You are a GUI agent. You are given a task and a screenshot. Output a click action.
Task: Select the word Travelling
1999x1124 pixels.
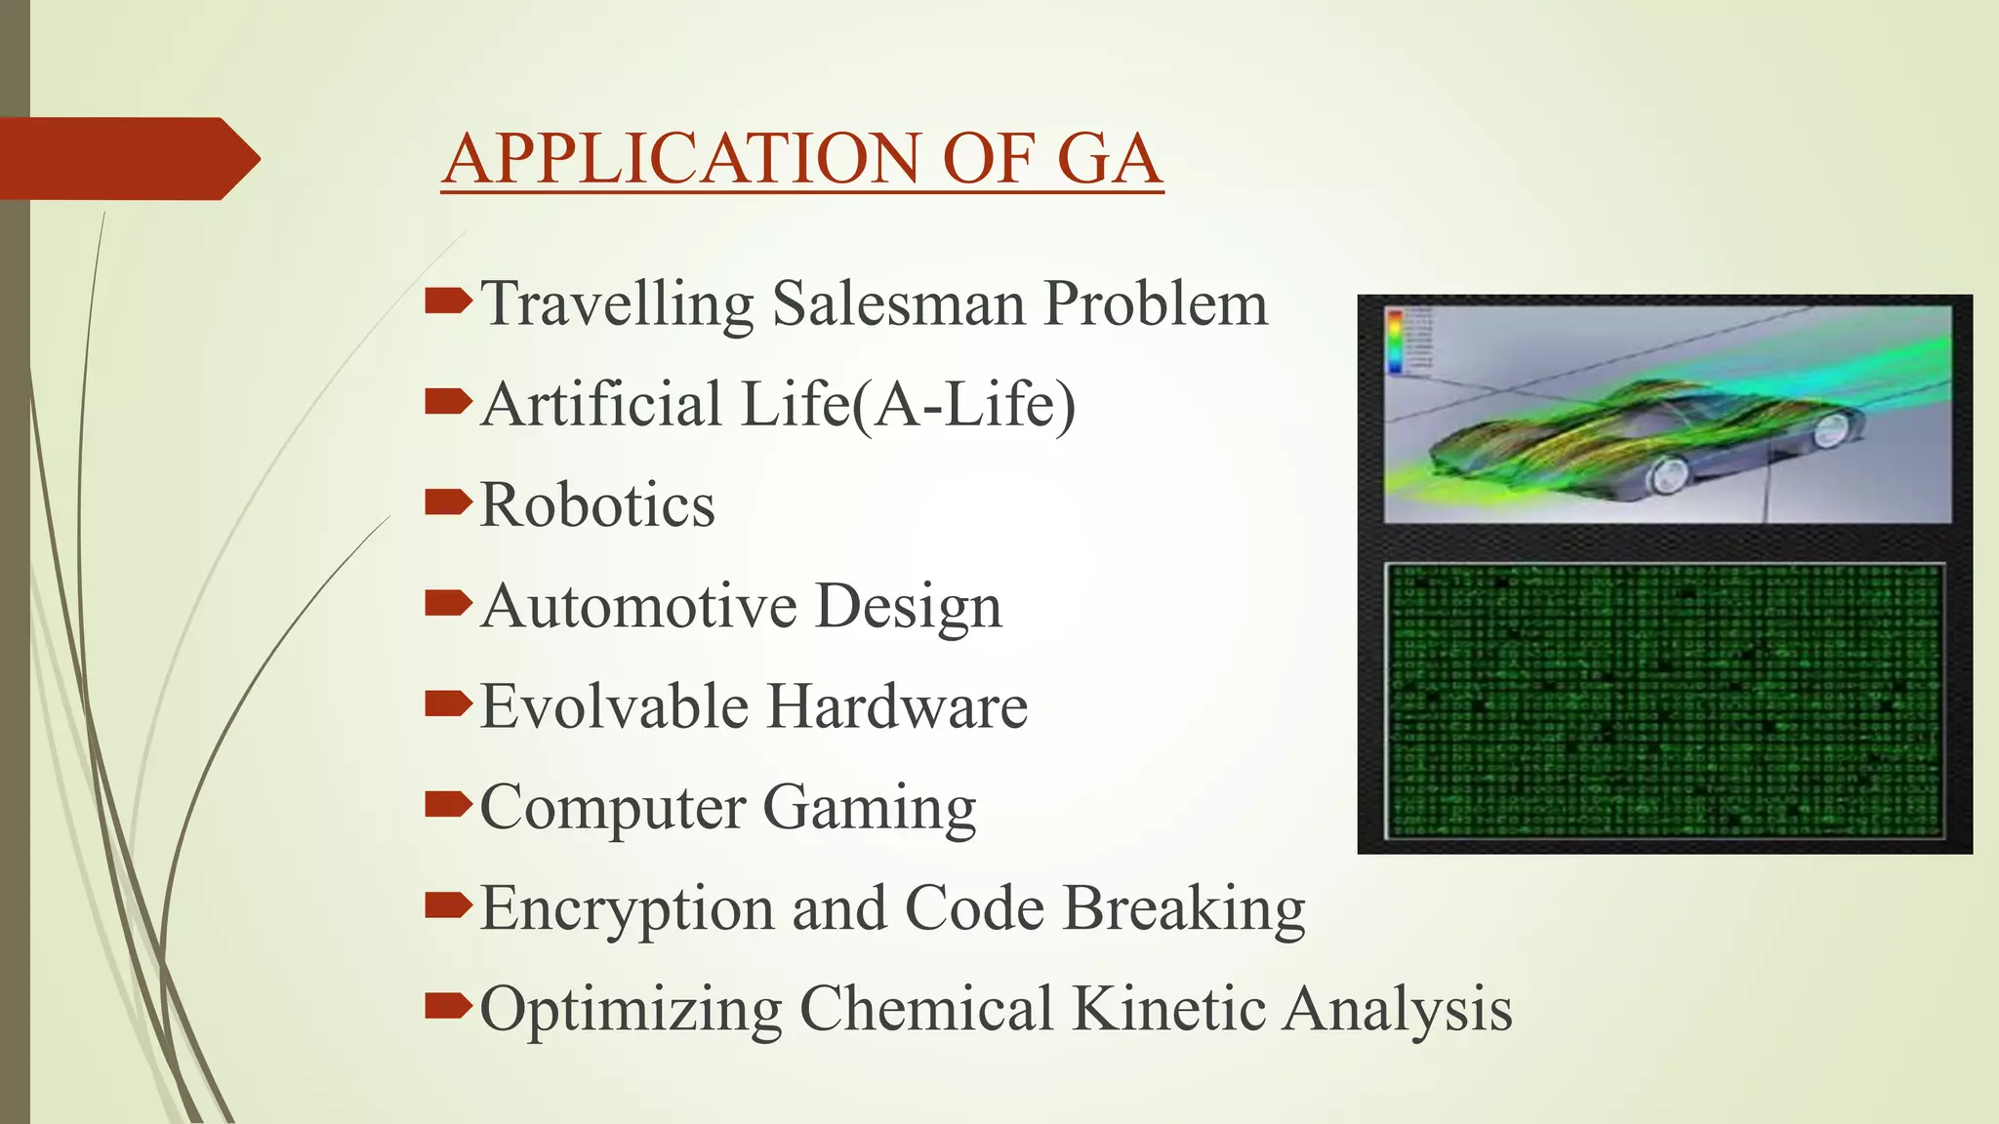[618, 303]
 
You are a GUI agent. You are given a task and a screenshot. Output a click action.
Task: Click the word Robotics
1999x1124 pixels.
[597, 505]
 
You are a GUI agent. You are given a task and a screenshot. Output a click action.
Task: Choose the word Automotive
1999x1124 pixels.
[639, 606]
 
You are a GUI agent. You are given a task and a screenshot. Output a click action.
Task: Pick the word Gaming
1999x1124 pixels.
[869, 808]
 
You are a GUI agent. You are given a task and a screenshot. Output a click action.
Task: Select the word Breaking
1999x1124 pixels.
[1183, 908]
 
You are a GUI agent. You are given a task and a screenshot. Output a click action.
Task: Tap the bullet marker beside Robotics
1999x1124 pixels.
[448, 502]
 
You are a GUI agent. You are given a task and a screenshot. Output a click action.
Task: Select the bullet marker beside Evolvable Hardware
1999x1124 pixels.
[448, 703]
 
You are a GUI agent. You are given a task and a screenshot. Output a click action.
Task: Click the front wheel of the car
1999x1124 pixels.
[1667, 474]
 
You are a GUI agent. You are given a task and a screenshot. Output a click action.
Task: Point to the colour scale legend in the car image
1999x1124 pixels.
[1396, 341]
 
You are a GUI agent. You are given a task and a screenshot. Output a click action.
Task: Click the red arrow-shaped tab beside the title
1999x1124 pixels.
[127, 159]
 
